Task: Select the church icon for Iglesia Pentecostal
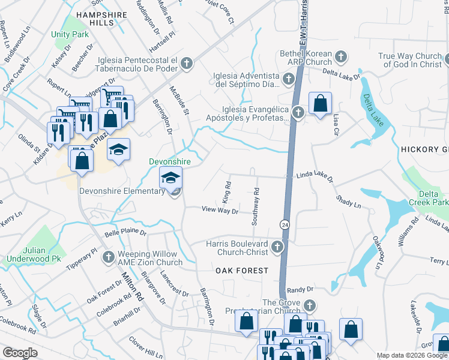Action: point(187,62)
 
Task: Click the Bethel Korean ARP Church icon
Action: point(340,57)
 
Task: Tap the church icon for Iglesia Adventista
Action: point(289,79)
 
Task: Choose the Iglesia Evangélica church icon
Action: point(298,112)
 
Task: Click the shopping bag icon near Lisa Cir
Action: point(321,103)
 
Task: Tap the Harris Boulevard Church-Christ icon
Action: point(277,247)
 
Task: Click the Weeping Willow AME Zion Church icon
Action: point(108,257)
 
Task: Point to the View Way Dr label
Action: point(220,210)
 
